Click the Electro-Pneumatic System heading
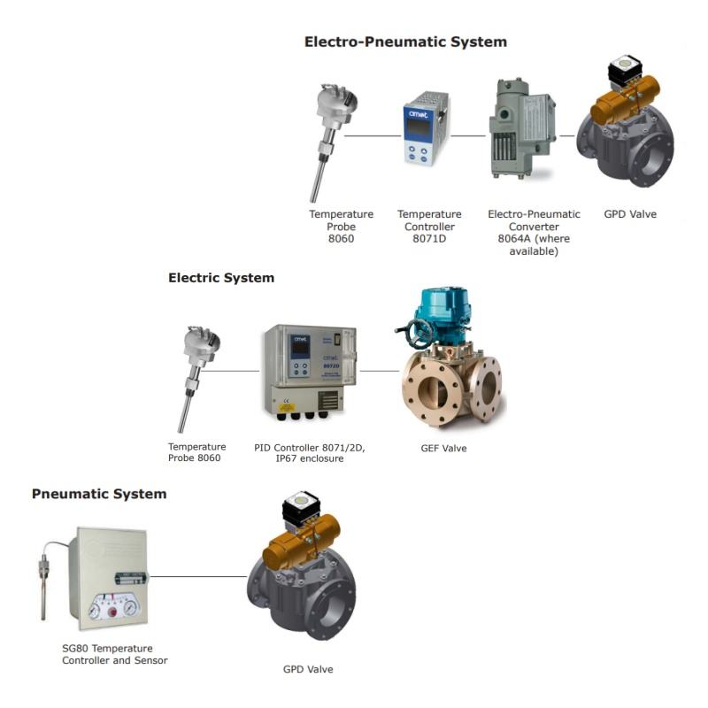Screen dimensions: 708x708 click(405, 42)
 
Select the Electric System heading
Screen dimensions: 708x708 click(221, 278)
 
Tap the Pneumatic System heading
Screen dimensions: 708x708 click(99, 494)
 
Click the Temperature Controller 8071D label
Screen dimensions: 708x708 click(429, 227)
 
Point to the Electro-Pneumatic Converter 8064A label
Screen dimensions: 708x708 click(534, 233)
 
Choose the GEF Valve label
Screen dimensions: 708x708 click(444, 449)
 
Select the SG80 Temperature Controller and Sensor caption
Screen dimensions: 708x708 click(115, 654)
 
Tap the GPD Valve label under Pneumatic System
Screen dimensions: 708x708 click(308, 669)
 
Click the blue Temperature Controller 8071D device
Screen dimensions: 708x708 click(426, 129)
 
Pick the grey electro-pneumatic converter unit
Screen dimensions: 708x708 click(522, 129)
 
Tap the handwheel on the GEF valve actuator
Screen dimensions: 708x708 click(413, 334)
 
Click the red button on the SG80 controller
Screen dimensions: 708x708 click(112, 612)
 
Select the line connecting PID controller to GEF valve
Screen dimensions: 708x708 click(380, 371)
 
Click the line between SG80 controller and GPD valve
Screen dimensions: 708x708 click(198, 576)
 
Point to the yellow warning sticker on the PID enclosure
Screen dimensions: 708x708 click(286, 407)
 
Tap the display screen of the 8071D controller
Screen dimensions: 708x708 click(419, 127)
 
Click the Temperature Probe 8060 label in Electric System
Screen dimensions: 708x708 click(196, 452)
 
